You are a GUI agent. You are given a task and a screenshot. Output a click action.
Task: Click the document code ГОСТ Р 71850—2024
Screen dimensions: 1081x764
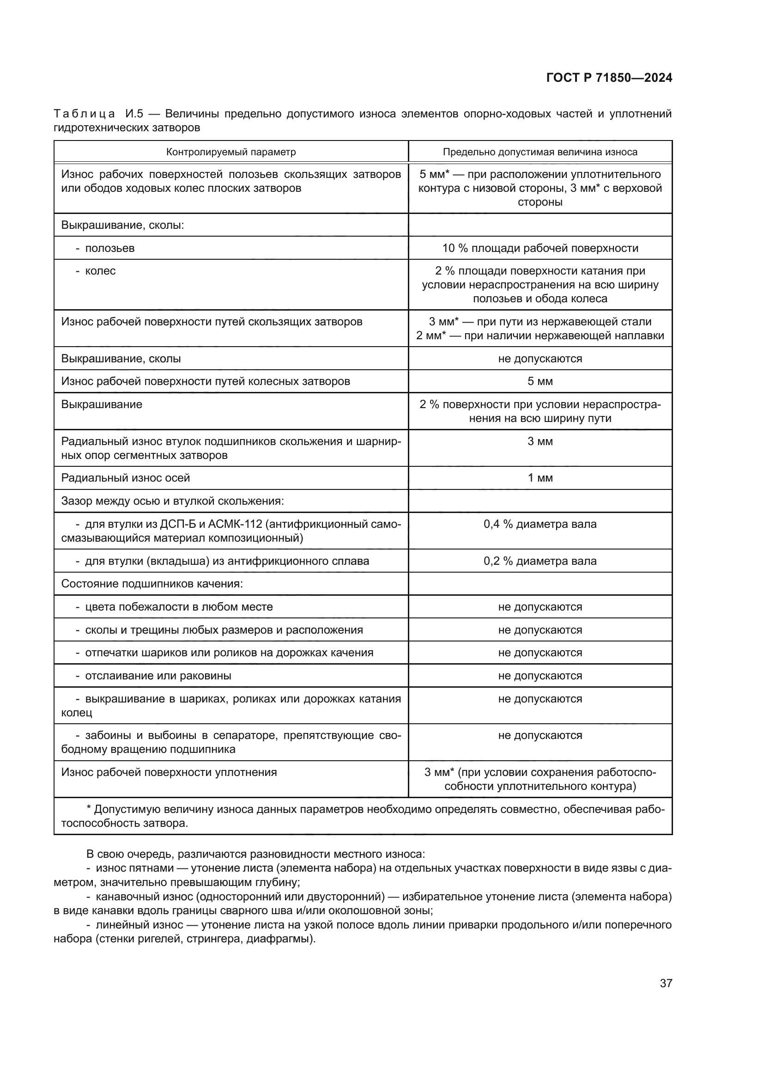click(609, 78)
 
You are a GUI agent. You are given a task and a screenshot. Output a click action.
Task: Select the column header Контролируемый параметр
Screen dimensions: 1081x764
click(230, 152)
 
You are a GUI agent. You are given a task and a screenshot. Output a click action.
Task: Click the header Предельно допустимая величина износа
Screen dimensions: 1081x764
click(540, 152)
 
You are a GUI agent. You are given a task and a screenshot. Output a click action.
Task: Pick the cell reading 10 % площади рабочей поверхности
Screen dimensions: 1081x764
click(540, 248)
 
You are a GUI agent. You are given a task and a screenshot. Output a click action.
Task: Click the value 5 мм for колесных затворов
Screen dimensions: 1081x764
click(540, 381)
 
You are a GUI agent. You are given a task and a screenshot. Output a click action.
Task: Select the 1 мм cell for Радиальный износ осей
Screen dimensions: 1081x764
click(540, 478)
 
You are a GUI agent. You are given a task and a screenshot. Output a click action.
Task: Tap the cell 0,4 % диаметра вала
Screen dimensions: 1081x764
click(540, 524)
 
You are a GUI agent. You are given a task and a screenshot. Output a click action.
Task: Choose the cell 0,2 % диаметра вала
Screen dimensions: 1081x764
click(540, 561)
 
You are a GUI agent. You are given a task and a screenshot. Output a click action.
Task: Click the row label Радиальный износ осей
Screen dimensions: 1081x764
click(126, 478)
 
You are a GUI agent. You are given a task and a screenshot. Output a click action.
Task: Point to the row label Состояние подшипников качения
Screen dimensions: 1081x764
click(152, 584)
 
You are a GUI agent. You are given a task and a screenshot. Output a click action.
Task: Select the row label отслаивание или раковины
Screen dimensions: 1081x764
click(158, 676)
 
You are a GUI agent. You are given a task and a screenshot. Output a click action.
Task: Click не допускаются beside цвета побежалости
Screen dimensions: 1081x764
click(540, 607)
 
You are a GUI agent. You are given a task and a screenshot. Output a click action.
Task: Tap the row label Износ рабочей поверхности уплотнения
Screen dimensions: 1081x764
click(169, 772)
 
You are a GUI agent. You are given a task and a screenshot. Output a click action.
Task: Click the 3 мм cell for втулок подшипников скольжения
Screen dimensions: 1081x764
click(540, 442)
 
